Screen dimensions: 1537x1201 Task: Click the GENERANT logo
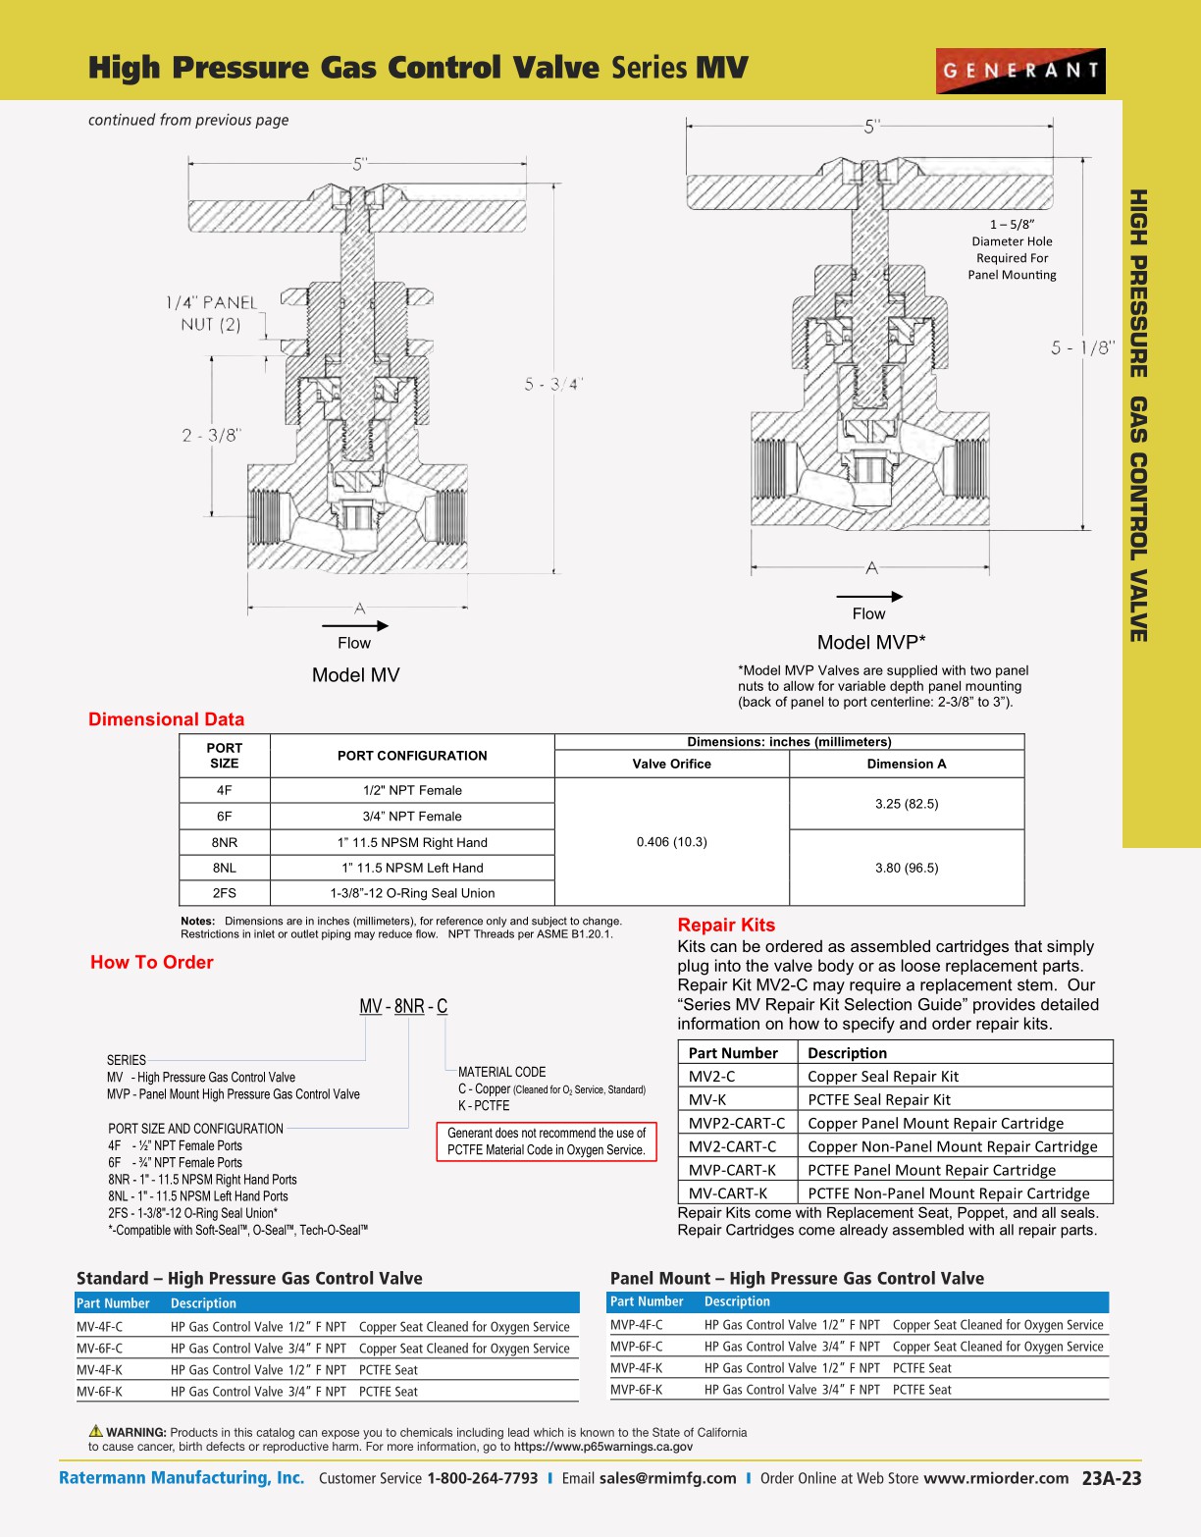pyautogui.click(x=1020, y=71)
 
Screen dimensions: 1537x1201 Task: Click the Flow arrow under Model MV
pyautogui.click(x=354, y=625)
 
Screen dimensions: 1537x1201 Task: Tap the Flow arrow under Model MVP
pyautogui.click(x=868, y=596)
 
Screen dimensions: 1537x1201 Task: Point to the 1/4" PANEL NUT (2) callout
pyautogui.click(x=211, y=314)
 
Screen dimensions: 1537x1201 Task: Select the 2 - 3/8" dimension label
pyautogui.click(x=211, y=435)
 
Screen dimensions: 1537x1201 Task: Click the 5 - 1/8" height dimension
pyautogui.click(x=1082, y=347)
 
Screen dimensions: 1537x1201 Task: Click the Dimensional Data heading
pyautogui.click(x=166, y=719)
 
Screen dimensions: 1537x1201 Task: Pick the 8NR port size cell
pyautogui.click(x=225, y=842)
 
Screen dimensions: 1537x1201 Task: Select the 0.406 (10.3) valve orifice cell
pyautogui.click(x=671, y=842)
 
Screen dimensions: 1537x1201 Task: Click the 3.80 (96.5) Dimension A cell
pyautogui.click(x=907, y=868)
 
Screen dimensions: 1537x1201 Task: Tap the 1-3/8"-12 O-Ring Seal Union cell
pyautogui.click(x=412, y=893)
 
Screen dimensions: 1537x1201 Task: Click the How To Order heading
pyautogui.click(x=152, y=963)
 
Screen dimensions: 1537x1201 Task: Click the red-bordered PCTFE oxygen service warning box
pyautogui.click(x=547, y=1141)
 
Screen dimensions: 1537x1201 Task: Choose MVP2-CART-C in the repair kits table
pyautogui.click(x=737, y=1123)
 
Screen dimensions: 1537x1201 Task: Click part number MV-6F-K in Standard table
pyautogui.click(x=100, y=1392)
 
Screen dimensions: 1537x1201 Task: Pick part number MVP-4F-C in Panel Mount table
pyautogui.click(x=637, y=1325)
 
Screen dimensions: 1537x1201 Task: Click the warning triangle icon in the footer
pyautogui.click(x=96, y=1431)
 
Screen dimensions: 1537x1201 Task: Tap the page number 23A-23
pyautogui.click(x=1112, y=1478)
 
